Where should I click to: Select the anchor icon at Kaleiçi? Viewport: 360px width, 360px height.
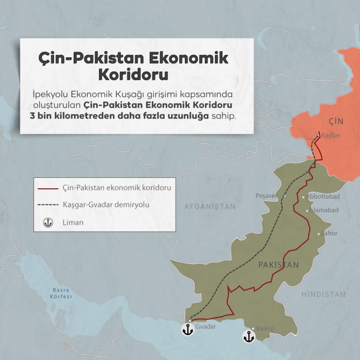click(x=248, y=336)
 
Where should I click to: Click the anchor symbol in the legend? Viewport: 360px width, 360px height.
click(x=48, y=222)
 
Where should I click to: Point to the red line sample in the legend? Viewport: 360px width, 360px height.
click(x=48, y=188)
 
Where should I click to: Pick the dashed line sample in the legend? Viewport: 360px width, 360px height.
click(x=48, y=205)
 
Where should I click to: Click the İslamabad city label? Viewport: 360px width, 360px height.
click(x=324, y=210)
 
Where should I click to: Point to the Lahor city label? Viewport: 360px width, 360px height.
click(x=330, y=233)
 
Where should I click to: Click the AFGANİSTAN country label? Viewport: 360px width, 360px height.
click(x=210, y=207)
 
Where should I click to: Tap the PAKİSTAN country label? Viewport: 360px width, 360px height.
click(x=278, y=265)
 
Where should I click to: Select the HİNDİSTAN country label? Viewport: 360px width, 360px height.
click(x=323, y=295)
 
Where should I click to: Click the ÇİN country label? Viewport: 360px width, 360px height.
click(x=338, y=120)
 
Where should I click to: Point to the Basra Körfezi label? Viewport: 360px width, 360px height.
click(x=61, y=293)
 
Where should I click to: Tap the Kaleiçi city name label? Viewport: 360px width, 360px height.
click(x=267, y=328)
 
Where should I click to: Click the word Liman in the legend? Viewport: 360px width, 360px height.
click(x=73, y=222)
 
